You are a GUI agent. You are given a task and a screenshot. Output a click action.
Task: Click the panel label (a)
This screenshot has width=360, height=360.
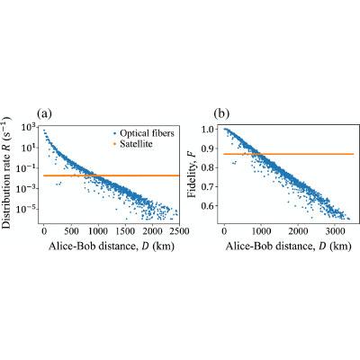(44, 114)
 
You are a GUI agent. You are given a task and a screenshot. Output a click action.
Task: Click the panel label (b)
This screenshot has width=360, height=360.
(221, 114)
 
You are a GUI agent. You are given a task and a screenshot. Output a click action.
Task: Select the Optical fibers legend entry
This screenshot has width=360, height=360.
(144, 133)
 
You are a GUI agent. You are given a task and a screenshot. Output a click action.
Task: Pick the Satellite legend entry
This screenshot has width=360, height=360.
(132, 144)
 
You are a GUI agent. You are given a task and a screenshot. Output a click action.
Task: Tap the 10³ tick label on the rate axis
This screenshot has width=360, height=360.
(30, 128)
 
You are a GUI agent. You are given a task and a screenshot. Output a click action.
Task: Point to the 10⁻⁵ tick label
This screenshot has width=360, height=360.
(28, 209)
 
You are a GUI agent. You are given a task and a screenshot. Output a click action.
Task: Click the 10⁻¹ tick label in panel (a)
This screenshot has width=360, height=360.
(28, 168)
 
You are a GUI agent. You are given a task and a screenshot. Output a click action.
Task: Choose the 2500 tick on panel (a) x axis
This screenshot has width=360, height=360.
(179, 231)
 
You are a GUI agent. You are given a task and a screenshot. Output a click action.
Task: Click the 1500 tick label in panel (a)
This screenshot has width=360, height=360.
(125, 231)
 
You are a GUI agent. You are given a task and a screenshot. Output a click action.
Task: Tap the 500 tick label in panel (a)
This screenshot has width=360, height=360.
(71, 231)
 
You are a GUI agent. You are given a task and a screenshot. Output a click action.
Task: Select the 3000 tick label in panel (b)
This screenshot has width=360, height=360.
(334, 231)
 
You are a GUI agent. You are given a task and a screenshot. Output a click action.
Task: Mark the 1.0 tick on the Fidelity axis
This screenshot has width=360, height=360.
(207, 130)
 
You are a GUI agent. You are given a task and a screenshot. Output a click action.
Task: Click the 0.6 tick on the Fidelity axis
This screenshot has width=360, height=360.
(207, 206)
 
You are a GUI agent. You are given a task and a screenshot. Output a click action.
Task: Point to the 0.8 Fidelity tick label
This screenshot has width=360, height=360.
(207, 167)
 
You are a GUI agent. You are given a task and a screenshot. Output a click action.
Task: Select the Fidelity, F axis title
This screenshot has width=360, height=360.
(192, 176)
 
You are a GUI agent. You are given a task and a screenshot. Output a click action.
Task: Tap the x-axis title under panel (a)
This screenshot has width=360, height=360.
(112, 247)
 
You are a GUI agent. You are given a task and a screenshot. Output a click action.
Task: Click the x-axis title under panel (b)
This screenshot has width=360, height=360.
(288, 247)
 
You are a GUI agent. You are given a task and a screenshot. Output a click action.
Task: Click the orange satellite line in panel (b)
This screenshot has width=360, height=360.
(289, 154)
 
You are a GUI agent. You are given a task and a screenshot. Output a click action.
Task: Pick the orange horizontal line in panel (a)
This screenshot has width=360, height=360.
(112, 175)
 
